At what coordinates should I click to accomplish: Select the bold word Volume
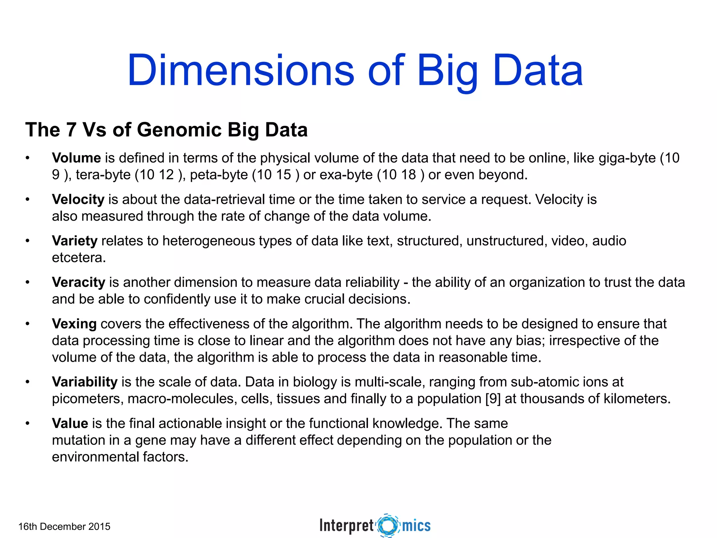(76, 158)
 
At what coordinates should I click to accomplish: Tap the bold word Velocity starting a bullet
(78, 199)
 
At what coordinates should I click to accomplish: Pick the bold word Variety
(75, 241)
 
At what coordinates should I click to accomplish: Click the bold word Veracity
(78, 282)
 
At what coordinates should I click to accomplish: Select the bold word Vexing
(74, 324)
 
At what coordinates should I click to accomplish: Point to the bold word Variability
(84, 382)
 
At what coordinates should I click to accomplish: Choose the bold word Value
(70, 423)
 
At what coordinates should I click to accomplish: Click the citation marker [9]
(493, 399)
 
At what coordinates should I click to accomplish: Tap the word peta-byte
(219, 175)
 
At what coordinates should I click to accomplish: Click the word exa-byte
(346, 175)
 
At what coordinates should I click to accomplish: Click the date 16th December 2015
(64, 526)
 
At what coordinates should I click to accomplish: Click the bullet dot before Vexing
(27, 324)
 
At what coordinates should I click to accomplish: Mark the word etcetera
(78, 258)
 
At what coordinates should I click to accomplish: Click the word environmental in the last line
(95, 457)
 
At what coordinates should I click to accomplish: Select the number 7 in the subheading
(71, 130)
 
